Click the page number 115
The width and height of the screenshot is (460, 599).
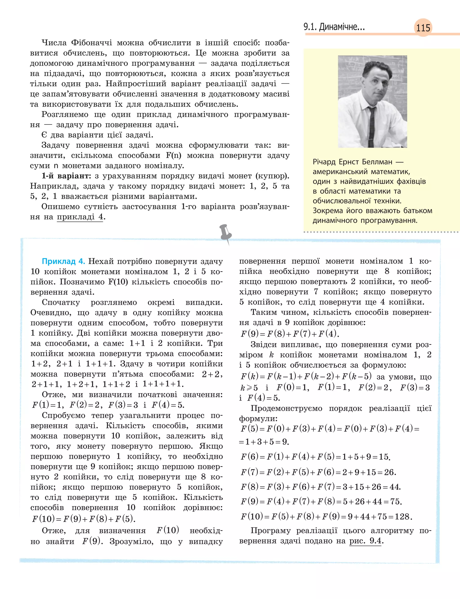(423, 28)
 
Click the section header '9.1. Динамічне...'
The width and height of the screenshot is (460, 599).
(334, 27)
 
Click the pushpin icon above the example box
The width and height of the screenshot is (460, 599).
(226, 233)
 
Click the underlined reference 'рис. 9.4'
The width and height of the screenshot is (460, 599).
(365, 541)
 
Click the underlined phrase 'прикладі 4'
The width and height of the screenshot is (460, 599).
(80, 217)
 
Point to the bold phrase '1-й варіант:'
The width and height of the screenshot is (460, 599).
(66, 176)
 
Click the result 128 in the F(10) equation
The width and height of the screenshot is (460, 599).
(402, 517)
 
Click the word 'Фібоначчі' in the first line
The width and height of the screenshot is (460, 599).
(91, 43)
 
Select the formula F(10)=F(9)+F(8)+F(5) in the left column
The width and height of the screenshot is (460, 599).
(84, 519)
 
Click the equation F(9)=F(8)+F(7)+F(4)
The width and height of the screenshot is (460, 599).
(290, 334)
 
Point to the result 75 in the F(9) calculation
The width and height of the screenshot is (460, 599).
(395, 501)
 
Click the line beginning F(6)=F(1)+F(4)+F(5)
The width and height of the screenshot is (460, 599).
(315, 457)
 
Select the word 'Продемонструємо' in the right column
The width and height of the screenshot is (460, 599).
(286, 408)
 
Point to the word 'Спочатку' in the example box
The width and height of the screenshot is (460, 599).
(61, 302)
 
